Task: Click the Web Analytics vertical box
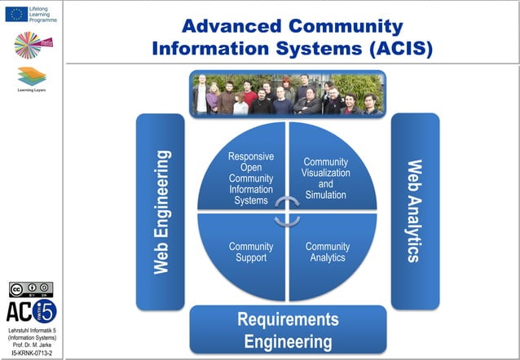(x=415, y=211)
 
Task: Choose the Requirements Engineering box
(x=288, y=329)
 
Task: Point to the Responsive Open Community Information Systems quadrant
(x=250, y=178)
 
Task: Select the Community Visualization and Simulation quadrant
(x=325, y=178)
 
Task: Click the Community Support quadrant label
(x=250, y=252)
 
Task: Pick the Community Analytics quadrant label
(x=327, y=252)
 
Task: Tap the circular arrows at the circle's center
(x=287, y=211)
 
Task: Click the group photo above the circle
(x=287, y=94)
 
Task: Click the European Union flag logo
(x=15, y=14)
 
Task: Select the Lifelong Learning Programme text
(x=42, y=14)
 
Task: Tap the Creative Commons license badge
(x=30, y=290)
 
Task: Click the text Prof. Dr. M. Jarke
(x=32, y=345)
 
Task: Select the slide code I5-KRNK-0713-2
(x=32, y=353)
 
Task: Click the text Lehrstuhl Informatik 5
(x=32, y=330)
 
